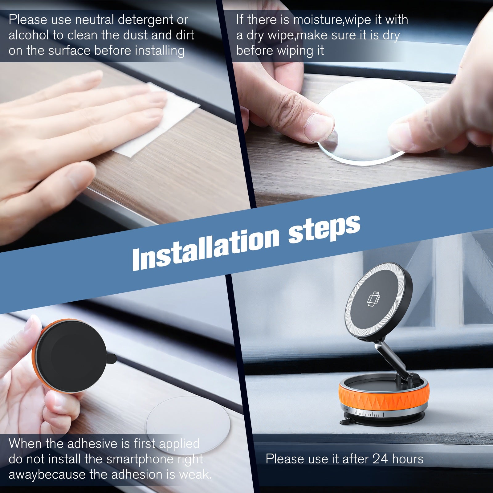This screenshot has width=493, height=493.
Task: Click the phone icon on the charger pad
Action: click(373, 299)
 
